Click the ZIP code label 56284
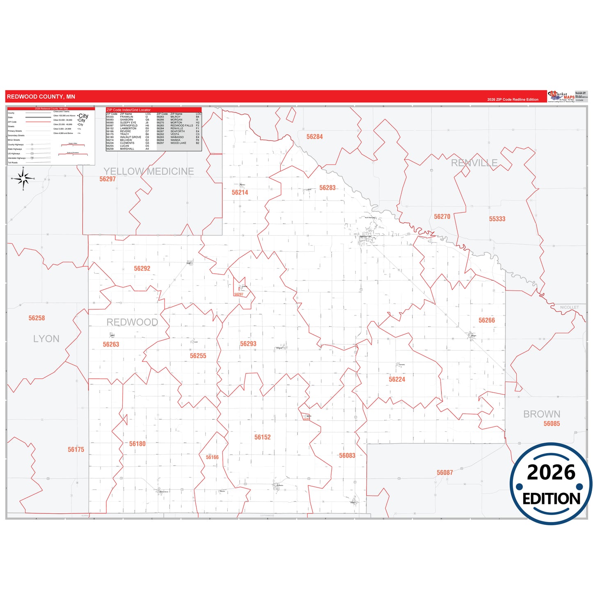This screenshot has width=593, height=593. pos(314,137)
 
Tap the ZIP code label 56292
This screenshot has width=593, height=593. pos(142,268)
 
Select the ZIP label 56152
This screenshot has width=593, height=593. pos(262,437)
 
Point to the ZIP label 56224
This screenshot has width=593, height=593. pos(397,379)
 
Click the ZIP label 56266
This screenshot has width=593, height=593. pos(486,320)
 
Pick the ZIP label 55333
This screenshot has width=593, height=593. pos(497,219)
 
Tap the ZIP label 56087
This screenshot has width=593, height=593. pos(444,473)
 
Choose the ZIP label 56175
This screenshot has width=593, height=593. pos(76,449)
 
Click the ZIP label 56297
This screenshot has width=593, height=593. pos(108,179)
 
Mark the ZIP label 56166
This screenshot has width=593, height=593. pos(212,457)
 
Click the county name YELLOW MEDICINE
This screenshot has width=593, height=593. pos(149,171)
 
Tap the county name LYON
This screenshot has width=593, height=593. pos(46,339)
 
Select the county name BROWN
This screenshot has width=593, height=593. pos(541,414)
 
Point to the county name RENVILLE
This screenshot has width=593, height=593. pos(474,163)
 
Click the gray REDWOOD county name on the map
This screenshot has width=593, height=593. pos(132,322)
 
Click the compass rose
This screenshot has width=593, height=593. pos(23,179)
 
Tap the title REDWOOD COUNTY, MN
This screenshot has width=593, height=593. pos(41,97)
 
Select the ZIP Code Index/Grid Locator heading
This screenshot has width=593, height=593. pos(128,110)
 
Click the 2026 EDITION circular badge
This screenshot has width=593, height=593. pos(551,483)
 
